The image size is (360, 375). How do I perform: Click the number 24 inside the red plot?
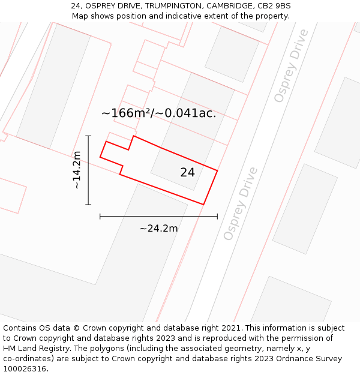(187, 173)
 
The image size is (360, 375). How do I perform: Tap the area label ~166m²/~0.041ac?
(158, 113)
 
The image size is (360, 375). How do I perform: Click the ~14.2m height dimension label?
(77, 170)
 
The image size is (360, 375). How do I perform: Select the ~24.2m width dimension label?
(158, 229)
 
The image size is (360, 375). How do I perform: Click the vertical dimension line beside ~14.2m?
(88, 170)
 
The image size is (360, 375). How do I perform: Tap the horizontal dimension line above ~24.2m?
(158, 216)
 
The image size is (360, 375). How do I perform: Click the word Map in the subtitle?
(80, 16)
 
